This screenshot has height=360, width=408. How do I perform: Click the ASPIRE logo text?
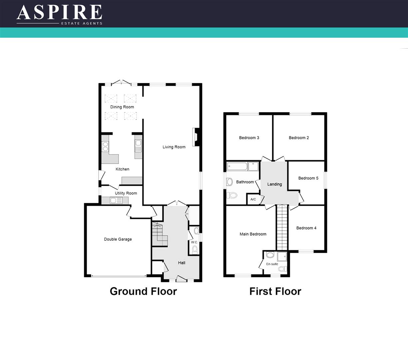pos(59,13)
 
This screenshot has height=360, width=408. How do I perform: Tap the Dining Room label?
pos(122,107)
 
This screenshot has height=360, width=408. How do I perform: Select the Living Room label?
pos(174,147)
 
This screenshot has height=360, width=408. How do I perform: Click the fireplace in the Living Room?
pos(196,137)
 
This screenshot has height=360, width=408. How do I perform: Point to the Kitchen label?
pos(122,169)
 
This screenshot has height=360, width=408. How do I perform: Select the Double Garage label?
pos(118,239)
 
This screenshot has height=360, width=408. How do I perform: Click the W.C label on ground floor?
pos(194,242)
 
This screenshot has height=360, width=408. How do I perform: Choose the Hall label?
pos(182,263)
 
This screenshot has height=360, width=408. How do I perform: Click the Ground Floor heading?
pos(143,291)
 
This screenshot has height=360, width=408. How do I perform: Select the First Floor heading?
pos(275,291)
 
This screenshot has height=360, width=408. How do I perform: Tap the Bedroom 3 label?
pos(249,138)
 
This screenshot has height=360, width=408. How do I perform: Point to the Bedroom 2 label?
pos(299,138)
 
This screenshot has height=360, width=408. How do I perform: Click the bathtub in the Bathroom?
pos(237,166)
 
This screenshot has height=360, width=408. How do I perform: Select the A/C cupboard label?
pos(253,199)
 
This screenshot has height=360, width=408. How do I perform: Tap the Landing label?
pos(274,184)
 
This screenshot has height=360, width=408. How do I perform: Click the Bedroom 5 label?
pos(308,178)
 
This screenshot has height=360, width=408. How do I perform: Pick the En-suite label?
pos(272,264)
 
